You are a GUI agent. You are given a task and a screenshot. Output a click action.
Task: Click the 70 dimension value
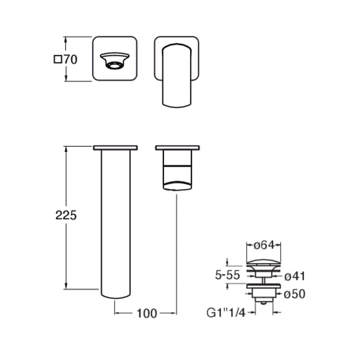(x=70, y=60)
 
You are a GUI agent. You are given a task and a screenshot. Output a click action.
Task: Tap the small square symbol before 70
(x=58, y=59)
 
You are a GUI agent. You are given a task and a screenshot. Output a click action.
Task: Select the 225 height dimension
(x=66, y=216)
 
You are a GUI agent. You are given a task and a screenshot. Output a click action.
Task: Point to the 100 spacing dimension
(x=147, y=313)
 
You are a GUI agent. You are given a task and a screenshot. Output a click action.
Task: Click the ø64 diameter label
(x=264, y=245)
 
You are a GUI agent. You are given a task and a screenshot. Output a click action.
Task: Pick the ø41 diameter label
(x=295, y=276)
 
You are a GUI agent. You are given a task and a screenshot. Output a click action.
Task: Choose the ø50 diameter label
(x=295, y=294)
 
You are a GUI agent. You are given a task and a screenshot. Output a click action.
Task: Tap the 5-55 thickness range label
(x=228, y=275)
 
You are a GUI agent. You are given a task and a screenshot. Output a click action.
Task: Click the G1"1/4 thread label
(x=226, y=313)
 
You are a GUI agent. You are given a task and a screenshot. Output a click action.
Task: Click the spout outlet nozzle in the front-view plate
(x=115, y=60)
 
